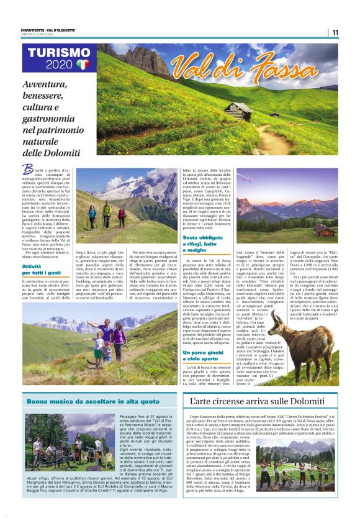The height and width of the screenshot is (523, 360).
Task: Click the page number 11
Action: pos(335,33)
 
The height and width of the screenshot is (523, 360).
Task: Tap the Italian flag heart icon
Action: pos(83,65)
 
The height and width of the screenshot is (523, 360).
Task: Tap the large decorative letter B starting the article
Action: pos(27,168)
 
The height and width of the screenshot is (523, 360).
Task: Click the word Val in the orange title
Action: pos(192,65)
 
